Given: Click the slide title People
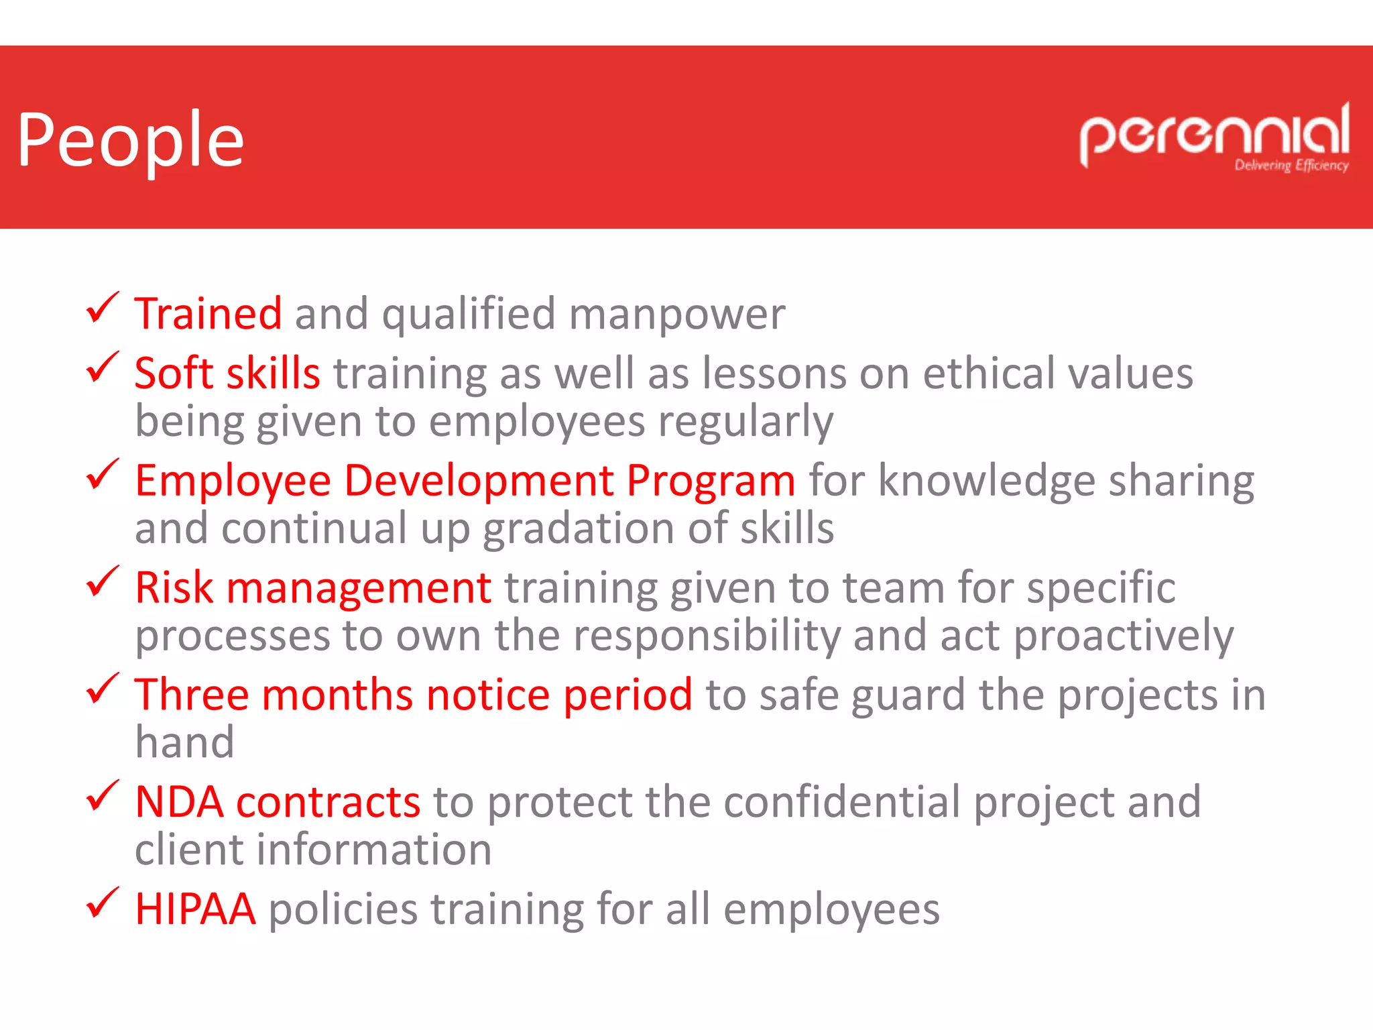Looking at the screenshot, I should click(131, 141).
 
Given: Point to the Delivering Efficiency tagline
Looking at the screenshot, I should click(1291, 166).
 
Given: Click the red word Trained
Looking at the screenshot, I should click(208, 314).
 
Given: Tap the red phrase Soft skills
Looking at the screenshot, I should click(227, 374).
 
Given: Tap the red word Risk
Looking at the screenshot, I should click(174, 588).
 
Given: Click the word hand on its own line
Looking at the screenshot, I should click(184, 743).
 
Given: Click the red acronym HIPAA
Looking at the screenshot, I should click(195, 909).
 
